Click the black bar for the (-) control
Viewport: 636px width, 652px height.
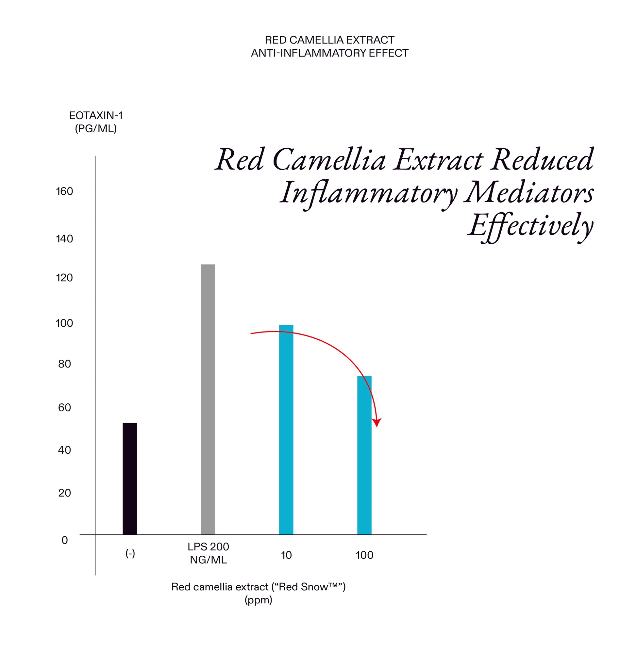[x=130, y=479]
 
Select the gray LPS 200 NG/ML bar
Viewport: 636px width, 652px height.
[x=208, y=399]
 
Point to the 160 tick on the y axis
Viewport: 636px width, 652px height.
[x=64, y=191]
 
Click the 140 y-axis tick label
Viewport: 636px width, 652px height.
[x=64, y=239]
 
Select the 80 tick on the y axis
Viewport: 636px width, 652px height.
[x=64, y=364]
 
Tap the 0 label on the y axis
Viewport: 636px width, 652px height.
[x=64, y=540]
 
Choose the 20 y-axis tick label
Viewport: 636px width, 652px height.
[x=64, y=493]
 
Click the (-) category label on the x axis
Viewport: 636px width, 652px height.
[x=130, y=554]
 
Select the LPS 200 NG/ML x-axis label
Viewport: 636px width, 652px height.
[x=208, y=553]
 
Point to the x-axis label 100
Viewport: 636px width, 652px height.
[x=364, y=555]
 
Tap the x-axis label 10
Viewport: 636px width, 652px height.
[x=286, y=555]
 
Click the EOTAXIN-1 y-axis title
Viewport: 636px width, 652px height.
[x=96, y=116]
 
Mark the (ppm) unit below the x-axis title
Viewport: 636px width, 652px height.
[x=258, y=600]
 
